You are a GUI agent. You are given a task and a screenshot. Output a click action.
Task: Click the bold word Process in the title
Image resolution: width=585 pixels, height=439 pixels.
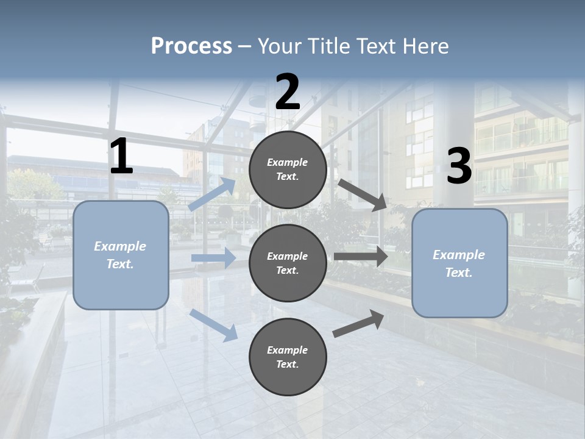[191, 46]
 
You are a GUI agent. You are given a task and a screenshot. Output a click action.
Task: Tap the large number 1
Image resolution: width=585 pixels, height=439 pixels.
[121, 157]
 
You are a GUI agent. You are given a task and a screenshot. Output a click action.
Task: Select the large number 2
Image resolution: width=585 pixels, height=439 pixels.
[288, 92]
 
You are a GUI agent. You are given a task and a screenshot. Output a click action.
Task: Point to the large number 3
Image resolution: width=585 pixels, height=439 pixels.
[459, 166]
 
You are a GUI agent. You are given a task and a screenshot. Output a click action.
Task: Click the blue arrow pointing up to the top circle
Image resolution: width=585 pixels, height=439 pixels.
[213, 194]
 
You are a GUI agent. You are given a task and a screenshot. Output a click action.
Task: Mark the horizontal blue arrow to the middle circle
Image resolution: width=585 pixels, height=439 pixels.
[213, 258]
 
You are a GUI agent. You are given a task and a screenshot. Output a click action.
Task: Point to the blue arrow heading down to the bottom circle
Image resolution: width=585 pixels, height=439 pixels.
[214, 324]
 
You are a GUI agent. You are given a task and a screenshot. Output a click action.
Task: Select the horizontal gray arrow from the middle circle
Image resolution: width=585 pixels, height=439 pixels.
[361, 257]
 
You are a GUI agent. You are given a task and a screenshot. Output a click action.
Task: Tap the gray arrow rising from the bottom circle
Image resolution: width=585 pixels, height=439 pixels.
[359, 323]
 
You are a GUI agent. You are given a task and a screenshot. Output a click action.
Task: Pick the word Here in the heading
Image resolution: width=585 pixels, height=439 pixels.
[425, 46]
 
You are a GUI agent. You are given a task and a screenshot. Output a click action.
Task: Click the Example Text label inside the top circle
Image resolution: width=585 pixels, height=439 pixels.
[288, 170]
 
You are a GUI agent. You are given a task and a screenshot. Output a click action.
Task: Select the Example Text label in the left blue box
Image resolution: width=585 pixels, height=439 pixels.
[121, 255]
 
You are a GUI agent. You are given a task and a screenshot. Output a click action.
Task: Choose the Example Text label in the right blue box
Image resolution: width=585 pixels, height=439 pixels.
[459, 263]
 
